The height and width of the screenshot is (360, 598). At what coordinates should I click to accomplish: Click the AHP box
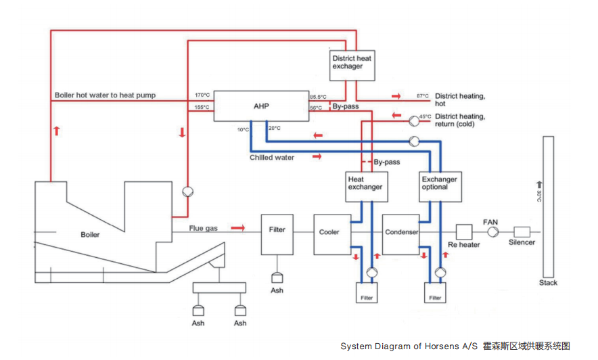click(261, 106)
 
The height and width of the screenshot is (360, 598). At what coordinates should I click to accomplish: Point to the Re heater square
click(463, 232)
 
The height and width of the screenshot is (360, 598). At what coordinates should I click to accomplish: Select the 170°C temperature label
click(202, 95)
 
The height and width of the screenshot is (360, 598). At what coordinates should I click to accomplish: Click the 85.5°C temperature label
click(319, 96)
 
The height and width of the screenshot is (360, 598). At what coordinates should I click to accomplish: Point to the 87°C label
click(423, 96)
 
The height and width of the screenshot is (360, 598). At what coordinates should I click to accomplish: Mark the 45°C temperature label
click(425, 116)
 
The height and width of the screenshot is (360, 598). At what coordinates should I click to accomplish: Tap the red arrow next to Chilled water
click(316, 157)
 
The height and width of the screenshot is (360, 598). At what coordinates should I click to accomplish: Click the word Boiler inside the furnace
click(89, 235)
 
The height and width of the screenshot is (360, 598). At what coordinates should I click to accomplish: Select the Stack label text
click(549, 282)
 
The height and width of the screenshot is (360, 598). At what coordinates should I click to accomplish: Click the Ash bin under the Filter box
click(277, 277)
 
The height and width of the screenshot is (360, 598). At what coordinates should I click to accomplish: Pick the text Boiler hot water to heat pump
click(105, 95)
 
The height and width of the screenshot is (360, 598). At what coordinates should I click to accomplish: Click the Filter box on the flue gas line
click(277, 233)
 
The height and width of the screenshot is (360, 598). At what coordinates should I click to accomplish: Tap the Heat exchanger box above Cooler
click(365, 185)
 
